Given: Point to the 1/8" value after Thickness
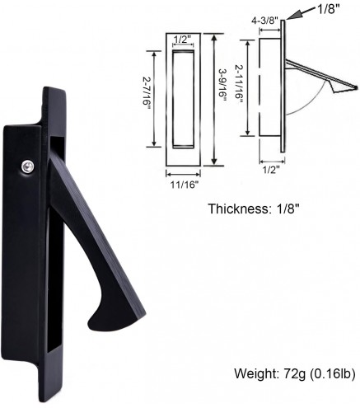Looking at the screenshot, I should pos(282,209).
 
